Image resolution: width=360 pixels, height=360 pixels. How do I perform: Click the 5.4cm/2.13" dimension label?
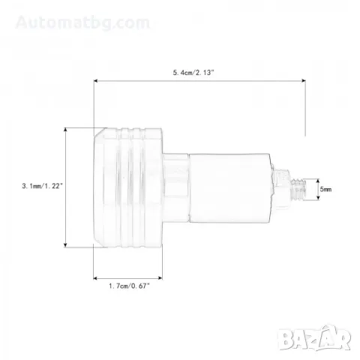coord(193,73)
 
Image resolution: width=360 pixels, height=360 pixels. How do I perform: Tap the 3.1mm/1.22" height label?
coord(42,186)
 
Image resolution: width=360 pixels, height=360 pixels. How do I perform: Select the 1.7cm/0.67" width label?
coord(129,286)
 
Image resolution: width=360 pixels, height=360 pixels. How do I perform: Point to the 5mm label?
coord(326,189)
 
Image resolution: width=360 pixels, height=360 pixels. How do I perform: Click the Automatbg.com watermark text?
coord(82,22)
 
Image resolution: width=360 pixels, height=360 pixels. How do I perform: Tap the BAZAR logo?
coord(314,337)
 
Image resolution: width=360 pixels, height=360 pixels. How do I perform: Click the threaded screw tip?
coord(299,189)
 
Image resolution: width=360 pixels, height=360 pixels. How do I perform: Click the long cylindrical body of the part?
coord(229,188)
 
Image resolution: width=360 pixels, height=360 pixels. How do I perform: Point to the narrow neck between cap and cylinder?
coord(175,188)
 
